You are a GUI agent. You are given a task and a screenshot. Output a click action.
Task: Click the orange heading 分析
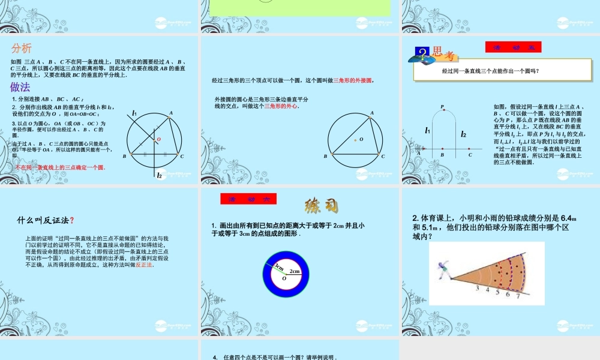(21, 49)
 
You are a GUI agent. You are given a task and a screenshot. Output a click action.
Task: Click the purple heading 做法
(20, 87)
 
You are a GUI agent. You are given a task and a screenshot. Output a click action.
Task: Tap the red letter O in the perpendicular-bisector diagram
(159, 139)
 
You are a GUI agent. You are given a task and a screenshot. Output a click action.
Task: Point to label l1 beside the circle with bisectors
(136, 113)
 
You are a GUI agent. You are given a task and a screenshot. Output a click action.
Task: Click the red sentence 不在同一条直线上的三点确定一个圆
(60, 167)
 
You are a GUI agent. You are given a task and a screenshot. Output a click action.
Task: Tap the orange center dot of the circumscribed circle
(355, 140)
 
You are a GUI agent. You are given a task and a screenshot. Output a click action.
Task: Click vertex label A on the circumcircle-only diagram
(372, 112)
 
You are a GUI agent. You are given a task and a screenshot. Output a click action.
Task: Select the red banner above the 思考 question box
(513, 47)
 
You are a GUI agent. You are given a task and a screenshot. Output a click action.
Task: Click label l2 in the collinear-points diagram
(464, 135)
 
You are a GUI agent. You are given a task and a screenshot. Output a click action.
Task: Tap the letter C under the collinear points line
(470, 155)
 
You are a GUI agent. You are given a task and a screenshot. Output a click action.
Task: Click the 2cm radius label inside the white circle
(294, 272)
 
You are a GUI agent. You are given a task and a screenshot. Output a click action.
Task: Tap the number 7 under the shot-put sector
(517, 295)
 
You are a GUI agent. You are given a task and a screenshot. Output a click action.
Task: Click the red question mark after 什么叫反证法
(72, 220)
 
